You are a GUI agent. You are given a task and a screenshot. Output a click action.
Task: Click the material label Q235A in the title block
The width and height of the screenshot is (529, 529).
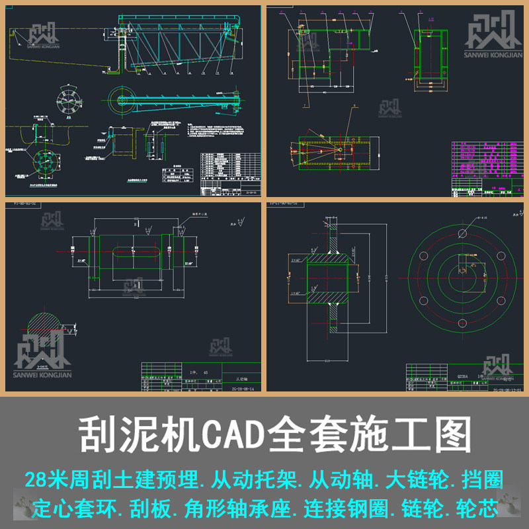coord(458,374)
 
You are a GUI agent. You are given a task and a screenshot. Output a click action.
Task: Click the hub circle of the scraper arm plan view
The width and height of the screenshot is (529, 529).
coord(122,100)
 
